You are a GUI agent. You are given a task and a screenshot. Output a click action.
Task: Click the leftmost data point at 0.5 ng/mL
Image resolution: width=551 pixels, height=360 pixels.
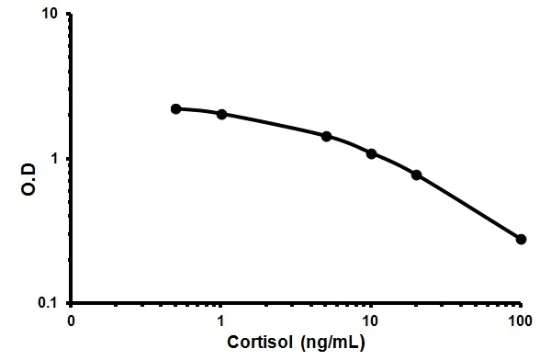[x=176, y=108]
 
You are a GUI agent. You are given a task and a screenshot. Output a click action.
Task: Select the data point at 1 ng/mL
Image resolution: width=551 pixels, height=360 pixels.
[x=221, y=114]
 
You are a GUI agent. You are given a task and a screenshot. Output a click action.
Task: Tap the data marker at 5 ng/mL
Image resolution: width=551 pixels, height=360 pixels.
[x=326, y=136]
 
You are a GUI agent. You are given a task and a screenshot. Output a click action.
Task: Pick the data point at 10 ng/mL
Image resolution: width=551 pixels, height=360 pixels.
[x=371, y=153]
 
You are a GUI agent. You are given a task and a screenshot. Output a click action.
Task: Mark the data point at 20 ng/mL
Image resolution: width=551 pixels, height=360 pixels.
[x=416, y=174]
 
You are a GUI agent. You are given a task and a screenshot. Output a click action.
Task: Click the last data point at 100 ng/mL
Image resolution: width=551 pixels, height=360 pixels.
[x=521, y=239]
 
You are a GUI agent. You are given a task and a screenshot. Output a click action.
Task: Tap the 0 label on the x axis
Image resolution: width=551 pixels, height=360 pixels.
[x=72, y=321]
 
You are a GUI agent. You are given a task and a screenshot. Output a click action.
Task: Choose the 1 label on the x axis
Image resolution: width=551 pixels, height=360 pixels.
[x=221, y=321]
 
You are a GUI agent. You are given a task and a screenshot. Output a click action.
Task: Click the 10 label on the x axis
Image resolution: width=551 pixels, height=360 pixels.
[x=371, y=321]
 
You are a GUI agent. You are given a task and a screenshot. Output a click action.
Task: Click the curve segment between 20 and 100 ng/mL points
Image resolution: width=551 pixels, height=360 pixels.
[x=468, y=206]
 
